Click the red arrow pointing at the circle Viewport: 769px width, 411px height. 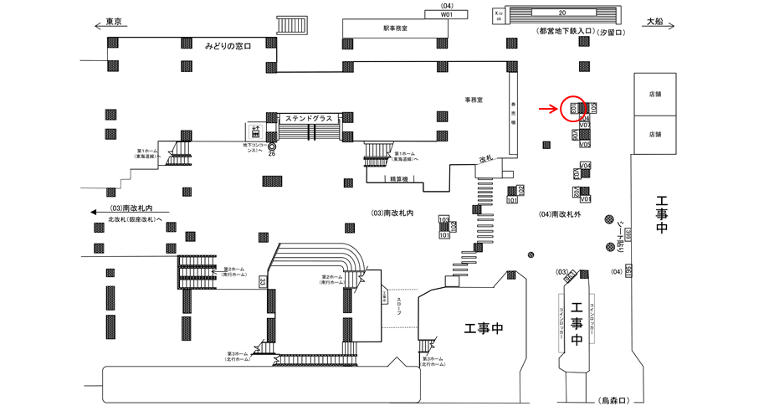tap(547, 108)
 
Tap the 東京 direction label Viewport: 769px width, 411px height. tap(115, 23)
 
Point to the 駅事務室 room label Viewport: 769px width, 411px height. tap(395, 28)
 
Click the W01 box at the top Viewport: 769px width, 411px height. tap(447, 14)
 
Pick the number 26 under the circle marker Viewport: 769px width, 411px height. tap(272, 154)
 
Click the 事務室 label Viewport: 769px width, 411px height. tap(475, 100)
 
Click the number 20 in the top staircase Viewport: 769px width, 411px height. tap(562, 13)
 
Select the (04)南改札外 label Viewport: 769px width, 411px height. tap(563, 214)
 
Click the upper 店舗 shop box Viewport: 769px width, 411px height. tap(654, 95)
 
